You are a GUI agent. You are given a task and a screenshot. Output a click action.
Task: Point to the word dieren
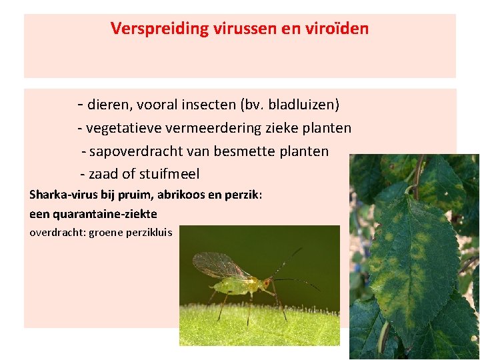coord(109,105)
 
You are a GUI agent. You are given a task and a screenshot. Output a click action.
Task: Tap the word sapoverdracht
coord(129,151)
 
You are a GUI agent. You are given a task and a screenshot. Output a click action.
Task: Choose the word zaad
coord(103,175)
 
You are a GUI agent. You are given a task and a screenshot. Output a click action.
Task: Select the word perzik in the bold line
coord(244,195)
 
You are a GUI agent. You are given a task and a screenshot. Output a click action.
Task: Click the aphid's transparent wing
coord(221,265)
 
